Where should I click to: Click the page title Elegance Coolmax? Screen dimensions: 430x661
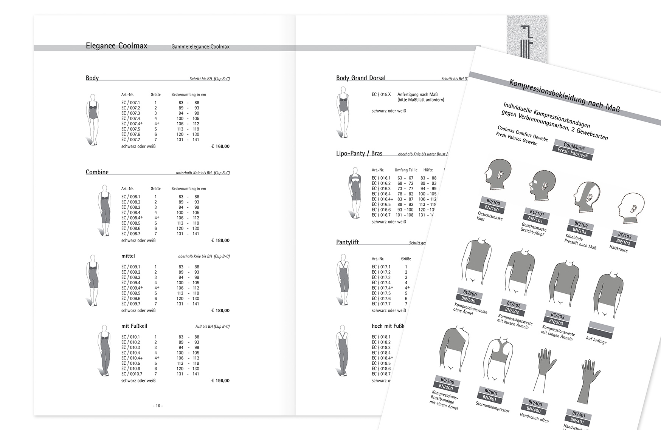[116, 46]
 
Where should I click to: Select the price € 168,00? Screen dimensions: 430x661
[220, 146]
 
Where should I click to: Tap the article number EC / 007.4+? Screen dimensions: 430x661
[132, 124]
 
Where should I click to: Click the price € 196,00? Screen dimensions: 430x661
[220, 381]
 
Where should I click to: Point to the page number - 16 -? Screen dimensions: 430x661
[158, 406]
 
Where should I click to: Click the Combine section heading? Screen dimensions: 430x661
[97, 172]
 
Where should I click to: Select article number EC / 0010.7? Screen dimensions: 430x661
[132, 374]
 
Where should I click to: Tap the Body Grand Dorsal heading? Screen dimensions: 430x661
[361, 78]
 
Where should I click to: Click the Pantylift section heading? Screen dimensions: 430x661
[348, 242]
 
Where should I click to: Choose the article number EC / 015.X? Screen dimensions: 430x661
[381, 94]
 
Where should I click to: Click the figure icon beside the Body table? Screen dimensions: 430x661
[92, 119]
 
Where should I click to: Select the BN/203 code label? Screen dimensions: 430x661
[556, 322]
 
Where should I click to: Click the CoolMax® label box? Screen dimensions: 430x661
[574, 146]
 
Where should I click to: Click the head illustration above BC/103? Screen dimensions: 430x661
[628, 209]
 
